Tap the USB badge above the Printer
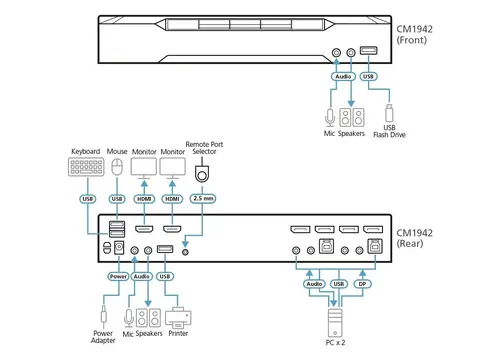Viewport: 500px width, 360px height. pyautogui.click(x=166, y=276)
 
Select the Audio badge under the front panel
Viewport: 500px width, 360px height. pyautogui.click(x=342, y=74)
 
